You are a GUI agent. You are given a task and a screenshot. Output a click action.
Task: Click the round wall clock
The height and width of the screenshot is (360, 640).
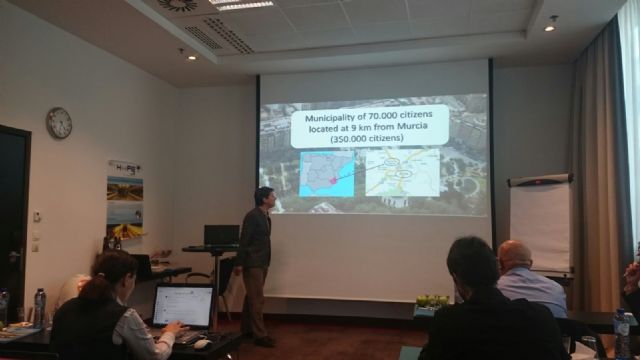pyautogui.click(x=59, y=122)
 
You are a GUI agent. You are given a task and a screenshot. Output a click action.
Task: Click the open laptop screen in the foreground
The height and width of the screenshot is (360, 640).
pyautogui.click(x=182, y=306)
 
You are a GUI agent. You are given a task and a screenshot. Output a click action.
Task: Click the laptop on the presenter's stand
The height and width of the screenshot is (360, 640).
pyautogui.click(x=221, y=235)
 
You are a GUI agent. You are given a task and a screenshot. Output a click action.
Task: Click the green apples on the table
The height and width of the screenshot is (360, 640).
pyautogui.click(x=432, y=299)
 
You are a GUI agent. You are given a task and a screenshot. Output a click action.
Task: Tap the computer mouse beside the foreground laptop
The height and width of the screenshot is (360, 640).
pyautogui.click(x=202, y=343)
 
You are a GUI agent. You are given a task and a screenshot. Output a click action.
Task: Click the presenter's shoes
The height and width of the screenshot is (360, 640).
pyautogui.click(x=262, y=341)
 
